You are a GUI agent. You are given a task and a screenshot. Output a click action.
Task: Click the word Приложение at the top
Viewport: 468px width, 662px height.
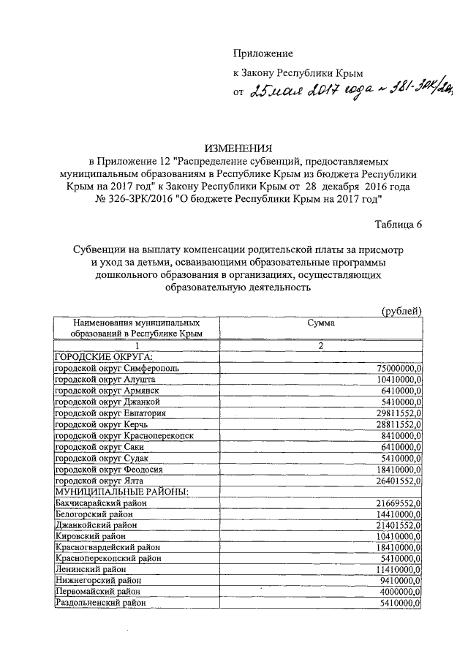pyautogui.click(x=263, y=53)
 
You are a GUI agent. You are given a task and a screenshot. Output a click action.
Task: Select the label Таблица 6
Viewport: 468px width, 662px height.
pyautogui.click(x=399, y=225)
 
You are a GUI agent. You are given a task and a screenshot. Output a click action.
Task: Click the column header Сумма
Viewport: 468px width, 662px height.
pyautogui.click(x=320, y=323)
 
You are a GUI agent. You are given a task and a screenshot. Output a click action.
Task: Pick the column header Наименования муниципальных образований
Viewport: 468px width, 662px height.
pyautogui.click(x=135, y=328)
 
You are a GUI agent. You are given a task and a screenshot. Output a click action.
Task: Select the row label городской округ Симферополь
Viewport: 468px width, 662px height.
pyautogui.click(x=117, y=368)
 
